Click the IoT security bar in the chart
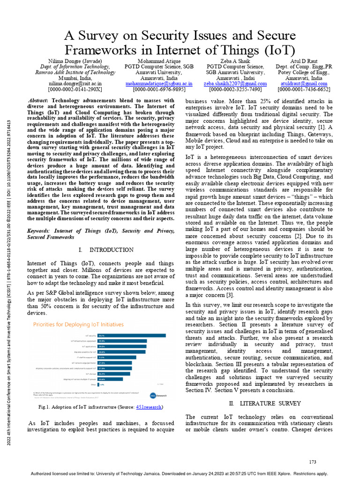click(132, 335)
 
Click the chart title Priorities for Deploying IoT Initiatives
click(78, 324)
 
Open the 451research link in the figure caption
click(149, 407)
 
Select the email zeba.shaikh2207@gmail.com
click(235, 83)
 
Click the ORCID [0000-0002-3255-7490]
click(235, 89)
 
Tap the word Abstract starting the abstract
click(38, 100)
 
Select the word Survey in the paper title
click(102, 36)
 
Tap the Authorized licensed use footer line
click(180, 474)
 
